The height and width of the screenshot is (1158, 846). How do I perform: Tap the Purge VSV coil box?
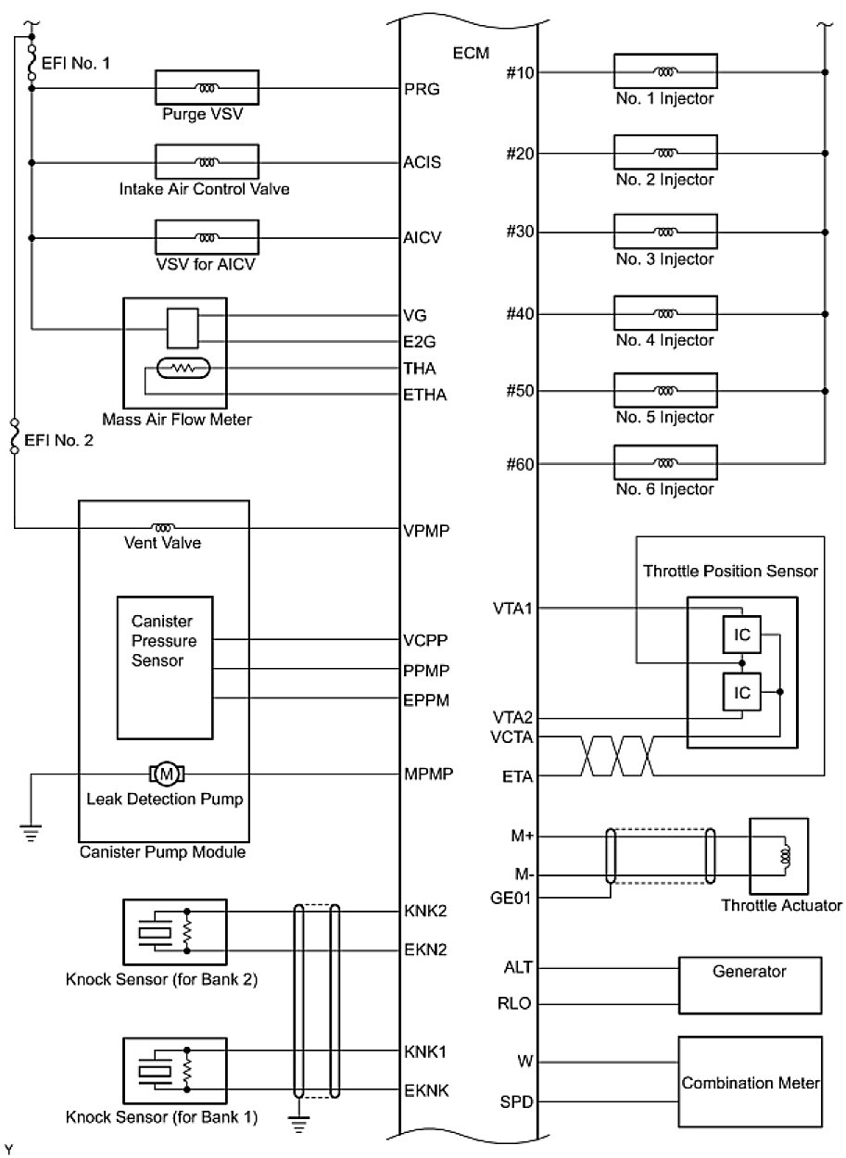click(205, 89)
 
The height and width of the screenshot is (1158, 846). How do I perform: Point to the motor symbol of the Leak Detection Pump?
click(168, 772)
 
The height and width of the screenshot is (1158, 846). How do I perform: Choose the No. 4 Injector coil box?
click(665, 314)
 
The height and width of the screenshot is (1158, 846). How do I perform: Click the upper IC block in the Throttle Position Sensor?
click(741, 635)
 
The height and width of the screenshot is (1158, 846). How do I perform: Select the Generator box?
click(750, 986)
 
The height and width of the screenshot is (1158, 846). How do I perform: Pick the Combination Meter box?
click(750, 1082)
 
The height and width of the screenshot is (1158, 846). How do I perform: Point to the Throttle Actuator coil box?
click(778, 856)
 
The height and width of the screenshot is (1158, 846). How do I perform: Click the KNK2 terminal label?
click(426, 912)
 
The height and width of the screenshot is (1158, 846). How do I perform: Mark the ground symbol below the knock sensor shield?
click(297, 1123)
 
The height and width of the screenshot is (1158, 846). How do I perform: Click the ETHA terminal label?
click(425, 396)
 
